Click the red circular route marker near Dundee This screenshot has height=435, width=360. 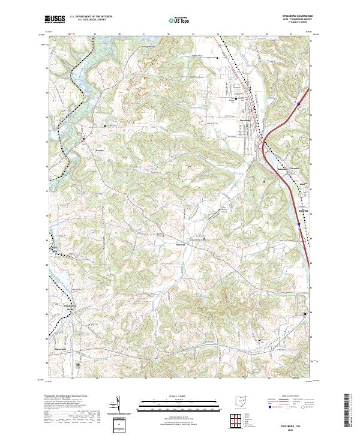pyautogui.click(x=83, y=140)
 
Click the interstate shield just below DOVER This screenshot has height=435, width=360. pyautogui.click(x=298, y=223)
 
